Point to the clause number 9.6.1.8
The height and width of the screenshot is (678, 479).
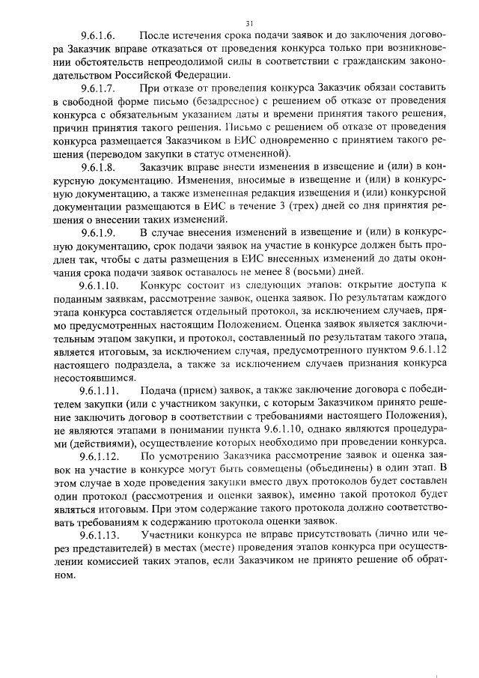point(98,166)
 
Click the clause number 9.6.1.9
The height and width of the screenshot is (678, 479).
point(98,231)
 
